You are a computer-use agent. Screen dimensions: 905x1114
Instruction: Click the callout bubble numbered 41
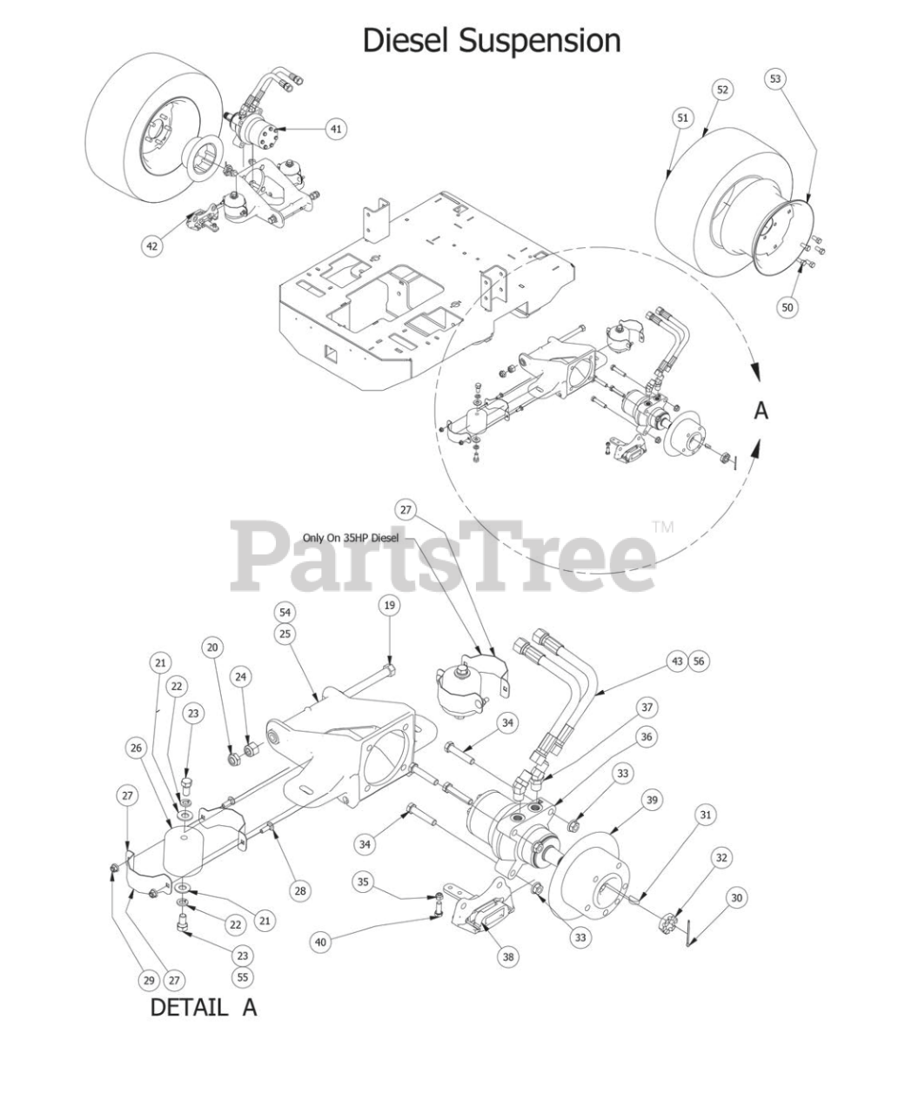click(x=336, y=129)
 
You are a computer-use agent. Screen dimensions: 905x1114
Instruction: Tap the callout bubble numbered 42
click(x=152, y=246)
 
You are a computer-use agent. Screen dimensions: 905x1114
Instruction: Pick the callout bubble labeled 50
click(x=788, y=307)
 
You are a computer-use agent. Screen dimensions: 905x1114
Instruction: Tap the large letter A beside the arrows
click(x=761, y=410)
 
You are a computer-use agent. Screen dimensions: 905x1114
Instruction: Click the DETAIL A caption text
click(x=204, y=1008)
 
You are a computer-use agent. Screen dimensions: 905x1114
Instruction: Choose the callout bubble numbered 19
click(x=389, y=605)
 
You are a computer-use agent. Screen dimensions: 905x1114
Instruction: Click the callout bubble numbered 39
click(x=650, y=800)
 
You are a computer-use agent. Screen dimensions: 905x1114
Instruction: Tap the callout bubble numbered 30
click(x=737, y=897)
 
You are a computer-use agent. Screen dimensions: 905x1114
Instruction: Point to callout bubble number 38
click(x=508, y=956)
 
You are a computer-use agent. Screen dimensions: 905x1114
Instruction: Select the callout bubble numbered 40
click(x=321, y=941)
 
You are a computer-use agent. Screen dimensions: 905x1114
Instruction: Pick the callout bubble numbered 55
click(x=242, y=977)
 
